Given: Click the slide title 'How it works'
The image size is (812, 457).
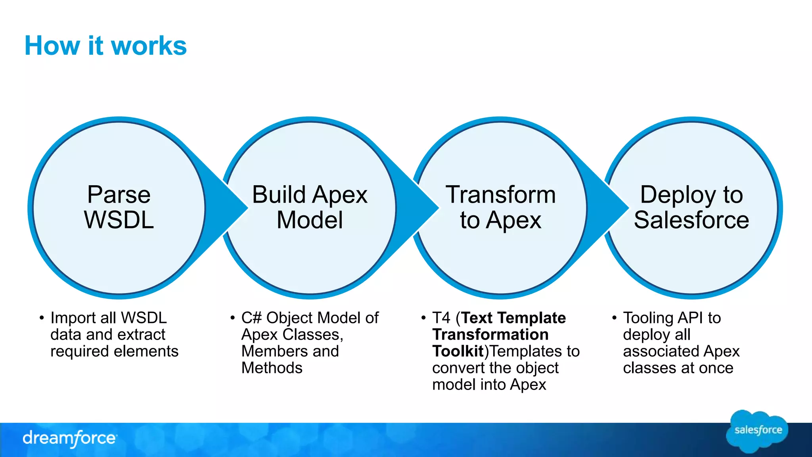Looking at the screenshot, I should [105, 46].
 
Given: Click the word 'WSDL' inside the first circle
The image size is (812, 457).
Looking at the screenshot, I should [119, 220].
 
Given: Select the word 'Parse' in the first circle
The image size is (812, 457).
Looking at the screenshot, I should [119, 195].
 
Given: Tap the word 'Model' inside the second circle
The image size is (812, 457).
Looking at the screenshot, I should [310, 220].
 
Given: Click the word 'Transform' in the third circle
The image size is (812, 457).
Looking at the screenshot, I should [501, 195].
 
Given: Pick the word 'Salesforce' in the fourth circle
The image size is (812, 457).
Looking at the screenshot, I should [691, 220].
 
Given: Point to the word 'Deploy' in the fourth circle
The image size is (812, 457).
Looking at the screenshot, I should [674, 195].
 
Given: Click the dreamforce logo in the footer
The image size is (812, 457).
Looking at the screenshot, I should [70, 438].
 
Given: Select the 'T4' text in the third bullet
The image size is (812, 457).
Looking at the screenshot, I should [441, 318].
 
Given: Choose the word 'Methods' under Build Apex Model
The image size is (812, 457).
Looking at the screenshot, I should [272, 368].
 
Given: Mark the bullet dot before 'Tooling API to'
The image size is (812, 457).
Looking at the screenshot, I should [614, 318].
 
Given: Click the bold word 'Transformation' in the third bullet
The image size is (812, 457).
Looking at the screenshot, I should [490, 335].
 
